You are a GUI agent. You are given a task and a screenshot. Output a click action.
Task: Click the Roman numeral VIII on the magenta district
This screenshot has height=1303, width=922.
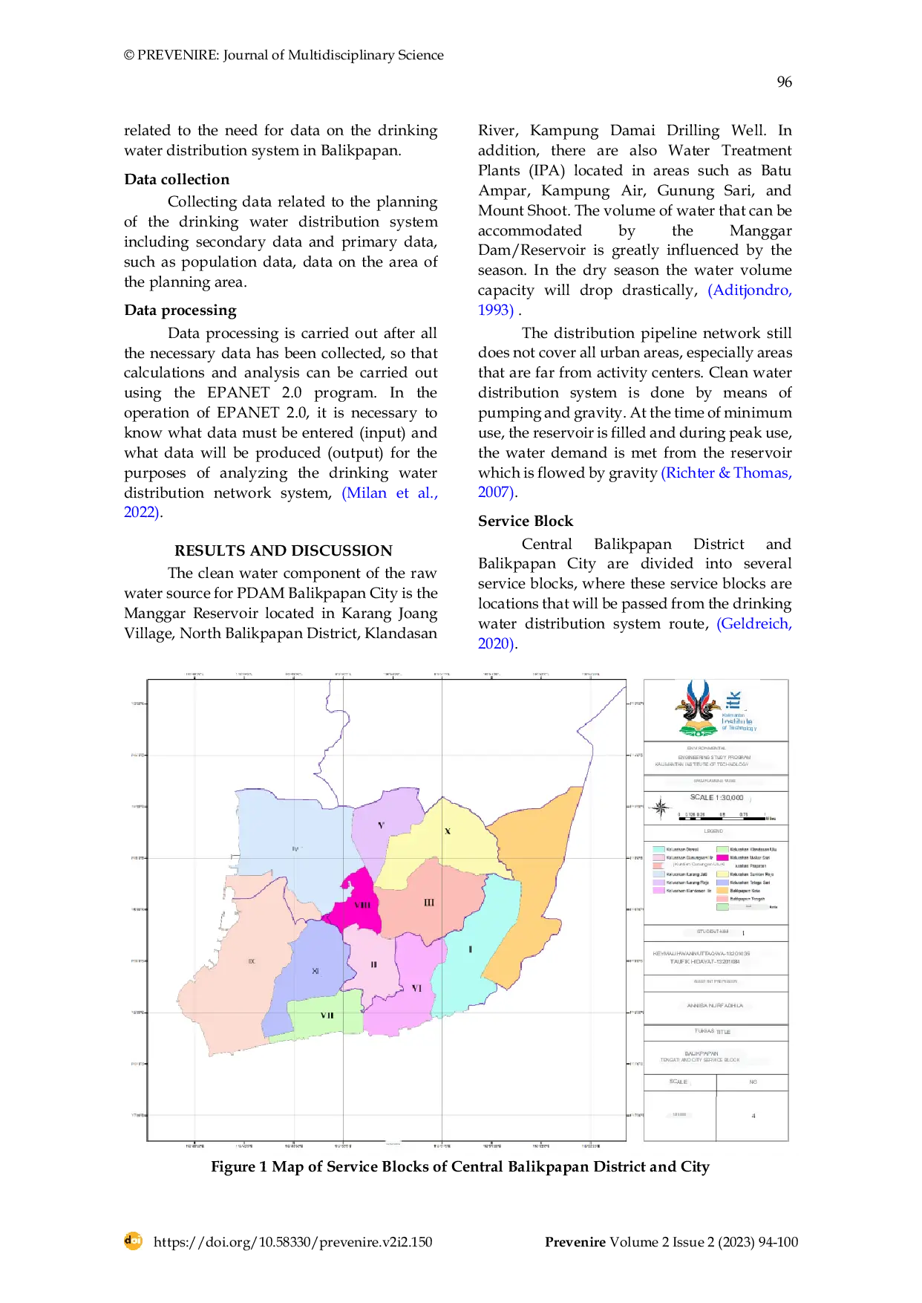362,905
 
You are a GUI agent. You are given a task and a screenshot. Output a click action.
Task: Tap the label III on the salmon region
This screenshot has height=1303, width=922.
429,903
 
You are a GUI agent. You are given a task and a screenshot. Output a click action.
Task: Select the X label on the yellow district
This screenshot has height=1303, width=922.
447,831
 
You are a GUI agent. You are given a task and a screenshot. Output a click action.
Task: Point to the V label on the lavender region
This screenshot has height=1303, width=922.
381,825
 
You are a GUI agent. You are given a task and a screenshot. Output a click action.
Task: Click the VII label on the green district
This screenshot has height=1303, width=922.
327,1016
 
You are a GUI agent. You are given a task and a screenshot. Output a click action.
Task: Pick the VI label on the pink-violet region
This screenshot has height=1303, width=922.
416,988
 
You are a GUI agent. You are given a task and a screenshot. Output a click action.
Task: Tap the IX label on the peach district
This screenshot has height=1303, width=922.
252,961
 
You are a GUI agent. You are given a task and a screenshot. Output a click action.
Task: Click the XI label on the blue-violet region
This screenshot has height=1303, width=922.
315,971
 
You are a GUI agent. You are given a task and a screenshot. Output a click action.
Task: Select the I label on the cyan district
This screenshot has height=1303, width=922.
470,949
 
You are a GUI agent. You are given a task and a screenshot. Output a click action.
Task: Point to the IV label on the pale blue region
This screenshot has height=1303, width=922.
295,848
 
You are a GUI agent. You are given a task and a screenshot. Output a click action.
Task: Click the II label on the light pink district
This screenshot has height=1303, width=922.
373,964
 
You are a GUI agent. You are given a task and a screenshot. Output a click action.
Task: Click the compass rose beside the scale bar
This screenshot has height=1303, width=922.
660,808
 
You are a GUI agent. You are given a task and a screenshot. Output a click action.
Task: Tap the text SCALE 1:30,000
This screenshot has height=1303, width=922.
716,798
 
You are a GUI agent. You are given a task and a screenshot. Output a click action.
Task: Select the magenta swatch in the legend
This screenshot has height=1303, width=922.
722,858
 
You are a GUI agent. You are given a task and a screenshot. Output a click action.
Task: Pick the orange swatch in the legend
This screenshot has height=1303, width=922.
722,890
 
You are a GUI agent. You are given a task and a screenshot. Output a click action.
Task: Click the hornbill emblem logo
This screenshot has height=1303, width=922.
698,708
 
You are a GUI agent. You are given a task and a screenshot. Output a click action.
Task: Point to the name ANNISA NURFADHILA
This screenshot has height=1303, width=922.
715,1006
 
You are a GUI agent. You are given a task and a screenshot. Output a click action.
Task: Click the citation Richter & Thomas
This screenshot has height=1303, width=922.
727,473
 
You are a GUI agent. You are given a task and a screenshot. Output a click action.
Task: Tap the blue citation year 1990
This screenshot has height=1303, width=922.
495,310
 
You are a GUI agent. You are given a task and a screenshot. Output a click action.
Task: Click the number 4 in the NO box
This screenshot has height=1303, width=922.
753,1116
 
